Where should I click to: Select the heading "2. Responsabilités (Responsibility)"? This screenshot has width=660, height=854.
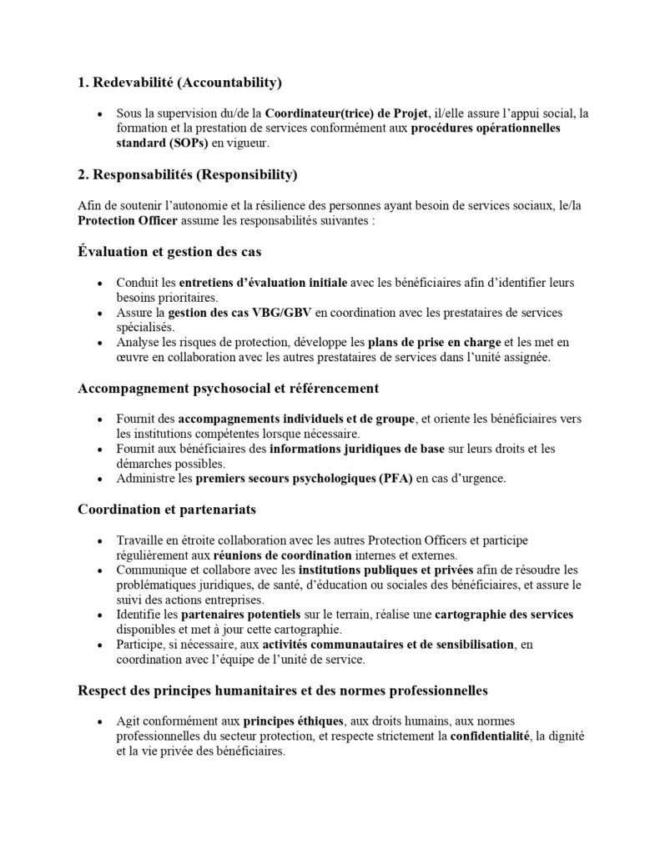(187, 175)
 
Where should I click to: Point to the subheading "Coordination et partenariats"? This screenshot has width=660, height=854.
(167, 509)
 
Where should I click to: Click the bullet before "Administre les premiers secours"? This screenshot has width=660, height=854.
(100, 480)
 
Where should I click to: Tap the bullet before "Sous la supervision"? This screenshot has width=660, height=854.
(100, 114)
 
